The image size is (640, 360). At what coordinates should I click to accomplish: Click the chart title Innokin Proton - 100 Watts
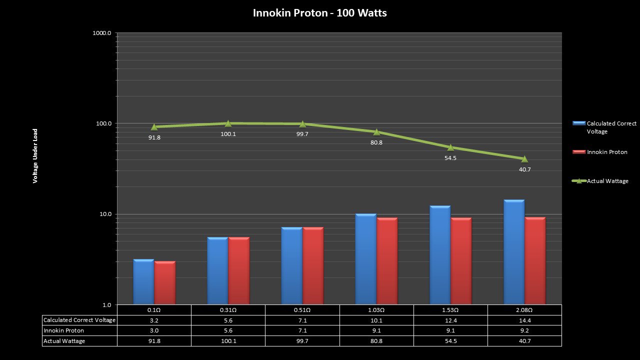coord(319,13)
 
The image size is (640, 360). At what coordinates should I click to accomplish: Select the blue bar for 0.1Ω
coord(143,282)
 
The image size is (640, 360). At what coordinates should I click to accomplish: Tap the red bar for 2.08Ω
coord(535,261)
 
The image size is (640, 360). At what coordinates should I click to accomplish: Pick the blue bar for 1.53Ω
coord(440,255)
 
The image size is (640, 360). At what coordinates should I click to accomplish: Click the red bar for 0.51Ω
coord(313,266)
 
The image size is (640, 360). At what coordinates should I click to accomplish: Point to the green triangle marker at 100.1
coord(228,123)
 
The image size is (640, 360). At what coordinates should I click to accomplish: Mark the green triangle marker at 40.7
coord(524,159)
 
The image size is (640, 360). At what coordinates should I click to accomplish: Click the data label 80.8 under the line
coord(376,142)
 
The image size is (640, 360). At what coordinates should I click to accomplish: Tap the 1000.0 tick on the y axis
coord(102,33)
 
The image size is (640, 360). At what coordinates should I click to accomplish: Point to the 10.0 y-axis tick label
coord(103,214)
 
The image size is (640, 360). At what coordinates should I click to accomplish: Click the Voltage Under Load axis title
coord(35,156)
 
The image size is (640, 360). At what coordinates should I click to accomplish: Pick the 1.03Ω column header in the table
coord(376,310)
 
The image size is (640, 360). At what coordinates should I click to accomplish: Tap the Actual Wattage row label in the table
coord(64,341)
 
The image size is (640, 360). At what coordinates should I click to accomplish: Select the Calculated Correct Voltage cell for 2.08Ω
coord(524,320)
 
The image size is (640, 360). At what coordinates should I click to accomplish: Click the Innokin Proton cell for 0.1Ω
coord(154,330)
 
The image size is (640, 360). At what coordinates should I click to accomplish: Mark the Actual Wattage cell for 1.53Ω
coord(450,341)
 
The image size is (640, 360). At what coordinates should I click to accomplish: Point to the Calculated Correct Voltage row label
coord(79,320)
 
